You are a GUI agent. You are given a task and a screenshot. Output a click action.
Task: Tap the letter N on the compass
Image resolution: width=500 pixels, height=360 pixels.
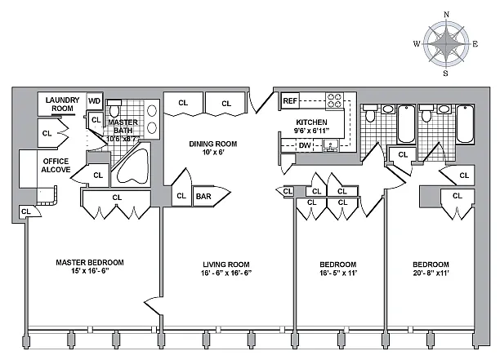pyautogui.click(x=446, y=15)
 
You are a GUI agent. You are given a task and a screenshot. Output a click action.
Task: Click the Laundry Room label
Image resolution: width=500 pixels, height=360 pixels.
pyautogui.click(x=61, y=103)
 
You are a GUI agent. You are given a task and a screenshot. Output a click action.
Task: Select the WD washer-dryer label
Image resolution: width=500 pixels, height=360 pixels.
pyautogui.click(x=94, y=102)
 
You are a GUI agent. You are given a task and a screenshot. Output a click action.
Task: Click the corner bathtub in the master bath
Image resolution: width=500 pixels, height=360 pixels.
pyautogui.click(x=131, y=166)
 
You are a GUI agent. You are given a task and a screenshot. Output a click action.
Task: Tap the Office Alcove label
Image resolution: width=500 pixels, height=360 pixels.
pyautogui.click(x=56, y=166)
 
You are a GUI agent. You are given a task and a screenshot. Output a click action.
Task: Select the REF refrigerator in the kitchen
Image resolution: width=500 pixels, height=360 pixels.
pyautogui.click(x=290, y=101)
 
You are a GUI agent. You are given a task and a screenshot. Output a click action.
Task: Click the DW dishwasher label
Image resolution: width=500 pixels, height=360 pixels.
pyautogui.click(x=304, y=145)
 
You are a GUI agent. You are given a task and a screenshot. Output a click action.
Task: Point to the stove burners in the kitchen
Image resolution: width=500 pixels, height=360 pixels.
pyautogui.click(x=334, y=101)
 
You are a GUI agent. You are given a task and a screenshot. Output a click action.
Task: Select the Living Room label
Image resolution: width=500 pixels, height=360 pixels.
pyautogui.click(x=226, y=264)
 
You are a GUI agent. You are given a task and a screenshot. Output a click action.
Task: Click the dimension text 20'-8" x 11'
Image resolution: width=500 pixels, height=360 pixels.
pyautogui.click(x=431, y=273)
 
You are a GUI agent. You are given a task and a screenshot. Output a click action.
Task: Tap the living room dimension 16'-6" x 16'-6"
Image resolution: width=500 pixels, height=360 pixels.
pyautogui.click(x=226, y=273)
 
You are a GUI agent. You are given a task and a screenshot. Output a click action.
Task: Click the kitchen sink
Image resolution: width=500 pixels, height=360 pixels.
pyautogui.click(x=331, y=145)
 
